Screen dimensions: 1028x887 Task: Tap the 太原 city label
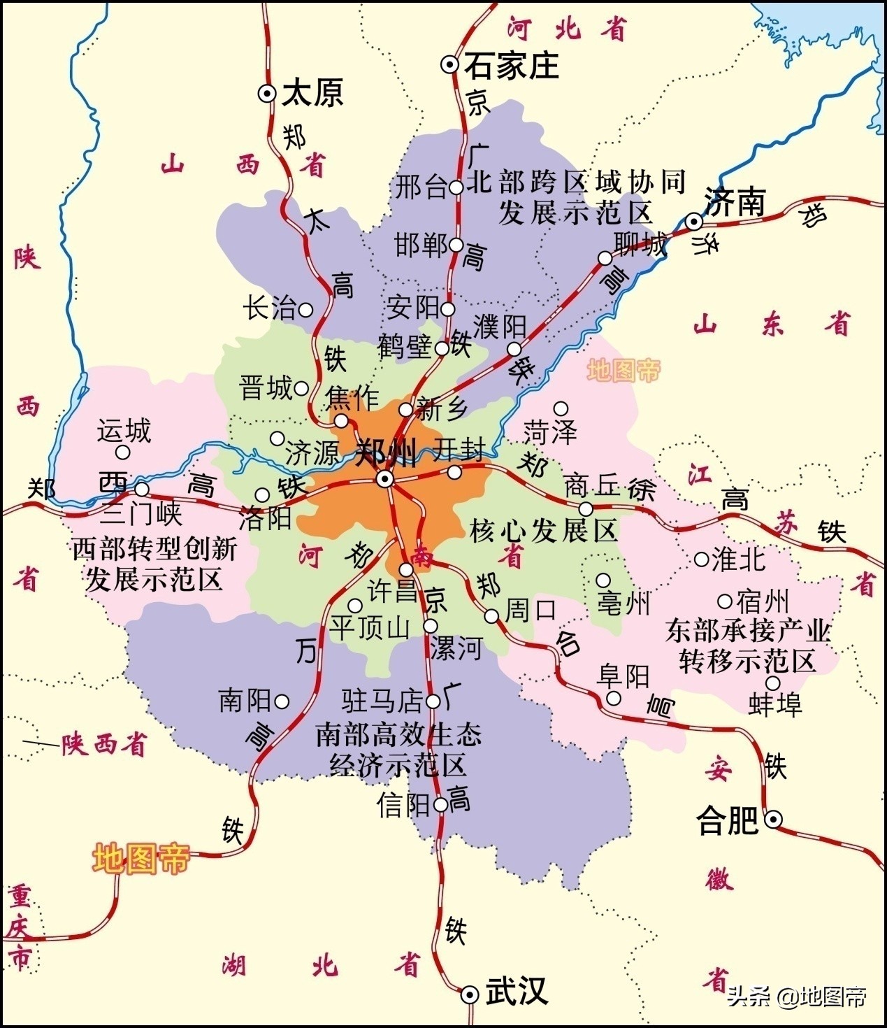coord(312,94)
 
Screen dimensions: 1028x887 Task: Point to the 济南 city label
coord(735,201)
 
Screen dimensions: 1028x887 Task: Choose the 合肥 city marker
coord(773,820)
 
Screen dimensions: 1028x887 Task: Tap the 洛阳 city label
coord(265,518)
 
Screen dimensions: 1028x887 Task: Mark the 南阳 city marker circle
coord(282,701)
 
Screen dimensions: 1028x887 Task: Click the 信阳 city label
coord(404,805)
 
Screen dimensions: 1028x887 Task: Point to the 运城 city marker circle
coord(123,452)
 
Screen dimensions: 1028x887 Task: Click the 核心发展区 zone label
coord(543,531)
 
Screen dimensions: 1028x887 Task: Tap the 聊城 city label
coord(640,244)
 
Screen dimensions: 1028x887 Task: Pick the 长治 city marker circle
coord(305,308)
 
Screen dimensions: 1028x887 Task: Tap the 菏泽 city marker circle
coord(561,408)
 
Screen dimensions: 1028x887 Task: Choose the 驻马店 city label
coord(382,700)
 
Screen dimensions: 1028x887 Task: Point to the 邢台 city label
coord(421,187)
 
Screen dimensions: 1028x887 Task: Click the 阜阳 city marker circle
coord(613,698)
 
